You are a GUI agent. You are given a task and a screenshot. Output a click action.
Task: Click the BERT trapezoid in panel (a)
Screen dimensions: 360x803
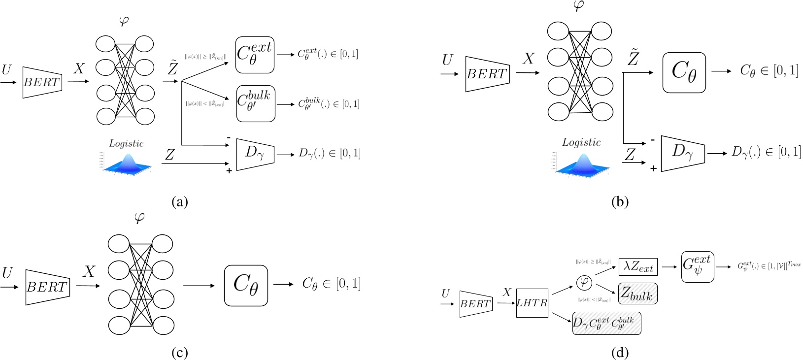[x=42, y=82]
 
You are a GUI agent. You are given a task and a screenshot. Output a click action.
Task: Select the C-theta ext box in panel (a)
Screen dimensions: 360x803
[x=254, y=55]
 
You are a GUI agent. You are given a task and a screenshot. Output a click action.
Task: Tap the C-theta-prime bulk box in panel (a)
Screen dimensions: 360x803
[x=255, y=104]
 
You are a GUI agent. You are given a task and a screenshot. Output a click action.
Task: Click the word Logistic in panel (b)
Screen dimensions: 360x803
[x=581, y=142]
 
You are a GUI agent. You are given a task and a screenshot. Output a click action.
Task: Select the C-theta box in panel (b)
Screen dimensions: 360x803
[x=684, y=72]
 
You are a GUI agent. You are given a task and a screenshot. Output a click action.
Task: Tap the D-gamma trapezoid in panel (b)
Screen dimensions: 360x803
[x=682, y=153]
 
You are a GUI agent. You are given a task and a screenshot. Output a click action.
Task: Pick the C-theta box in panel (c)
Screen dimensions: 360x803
[x=246, y=285]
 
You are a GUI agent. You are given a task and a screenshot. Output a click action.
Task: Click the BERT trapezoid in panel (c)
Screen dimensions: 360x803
[x=47, y=287]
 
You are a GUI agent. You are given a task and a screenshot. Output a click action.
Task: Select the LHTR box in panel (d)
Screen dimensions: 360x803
[x=532, y=303]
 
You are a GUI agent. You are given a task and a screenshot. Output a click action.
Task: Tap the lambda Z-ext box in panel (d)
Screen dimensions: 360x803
[x=638, y=267]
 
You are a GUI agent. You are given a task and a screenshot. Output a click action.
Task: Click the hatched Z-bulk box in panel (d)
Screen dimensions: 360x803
[x=637, y=294]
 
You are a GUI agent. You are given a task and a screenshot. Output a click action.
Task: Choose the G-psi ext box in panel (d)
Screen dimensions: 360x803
[x=698, y=266]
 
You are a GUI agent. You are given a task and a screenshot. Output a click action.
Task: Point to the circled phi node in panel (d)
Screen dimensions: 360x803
[x=584, y=283]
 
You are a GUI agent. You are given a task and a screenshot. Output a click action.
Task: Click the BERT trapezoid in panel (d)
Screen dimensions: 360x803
[x=475, y=304]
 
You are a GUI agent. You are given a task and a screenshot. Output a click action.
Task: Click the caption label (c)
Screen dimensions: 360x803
[x=179, y=353]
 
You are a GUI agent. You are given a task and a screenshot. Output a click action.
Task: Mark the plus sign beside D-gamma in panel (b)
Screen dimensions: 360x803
[x=653, y=168]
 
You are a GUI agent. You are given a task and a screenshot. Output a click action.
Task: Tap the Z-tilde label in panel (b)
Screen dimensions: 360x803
[x=633, y=58]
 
